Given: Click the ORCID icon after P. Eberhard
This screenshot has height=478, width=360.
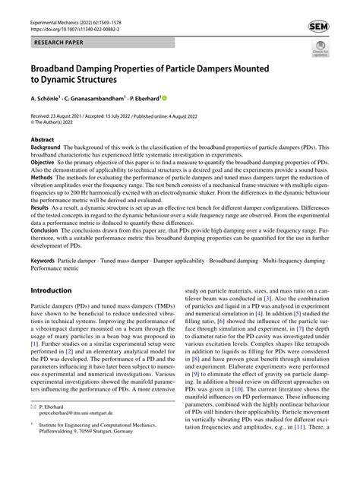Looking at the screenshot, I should coord(163,97).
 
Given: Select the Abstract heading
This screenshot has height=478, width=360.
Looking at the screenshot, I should coord(42,141).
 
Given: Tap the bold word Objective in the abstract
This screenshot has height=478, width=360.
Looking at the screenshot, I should coord(44,164).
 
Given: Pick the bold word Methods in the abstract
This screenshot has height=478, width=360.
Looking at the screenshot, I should coord(43,179).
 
